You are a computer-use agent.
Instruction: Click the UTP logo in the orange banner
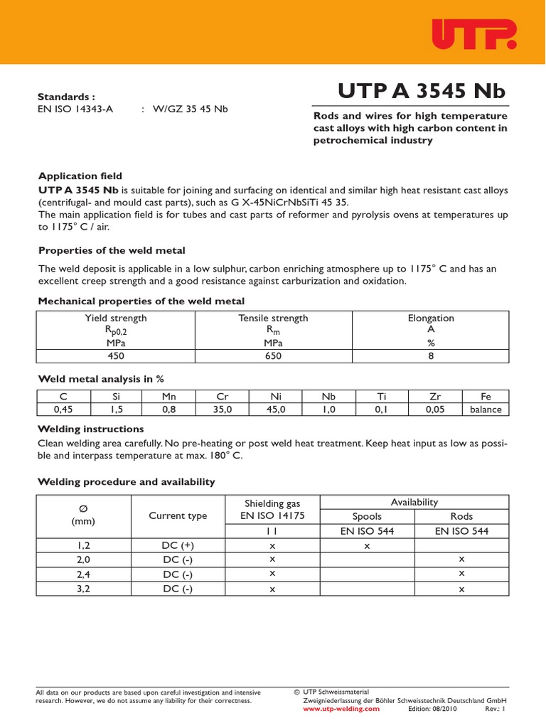473,33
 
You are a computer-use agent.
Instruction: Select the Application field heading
80,176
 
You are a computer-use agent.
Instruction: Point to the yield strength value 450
116,356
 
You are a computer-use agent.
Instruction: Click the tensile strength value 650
273,356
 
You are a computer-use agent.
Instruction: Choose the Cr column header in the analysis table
223,397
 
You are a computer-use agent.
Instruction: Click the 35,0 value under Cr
223,409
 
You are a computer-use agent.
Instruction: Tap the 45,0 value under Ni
276,409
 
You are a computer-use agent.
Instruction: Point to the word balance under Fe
486,409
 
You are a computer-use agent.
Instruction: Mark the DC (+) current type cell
178,545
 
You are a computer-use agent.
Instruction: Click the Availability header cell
415,502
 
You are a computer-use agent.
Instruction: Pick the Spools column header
368,516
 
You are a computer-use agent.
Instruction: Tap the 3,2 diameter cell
84,589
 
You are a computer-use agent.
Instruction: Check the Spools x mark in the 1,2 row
368,545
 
